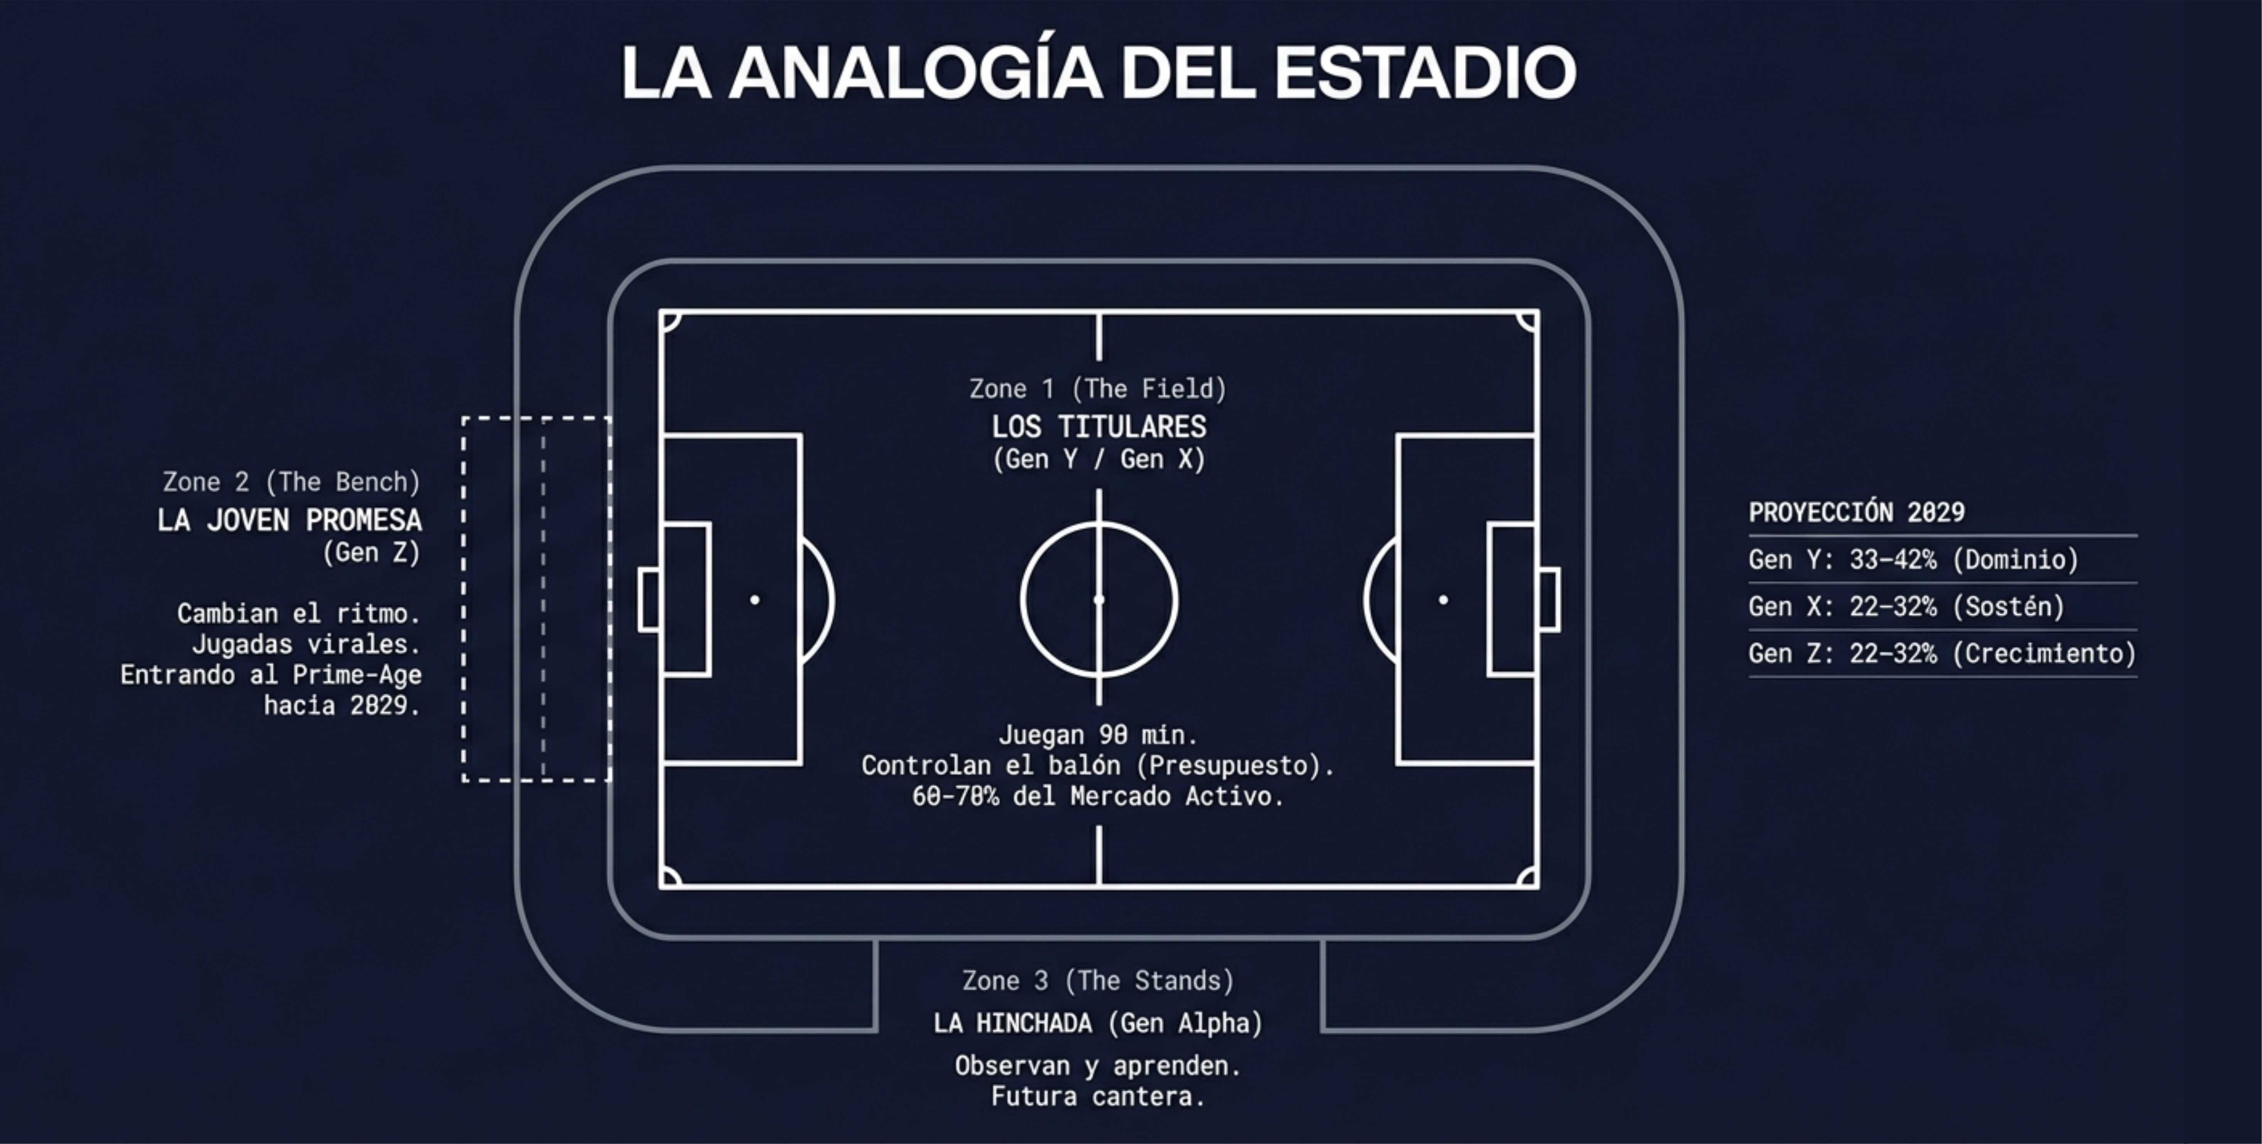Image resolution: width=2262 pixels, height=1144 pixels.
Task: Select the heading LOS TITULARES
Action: pyautogui.click(x=1099, y=427)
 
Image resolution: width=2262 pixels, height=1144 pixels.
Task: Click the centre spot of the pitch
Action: pyautogui.click(x=1099, y=600)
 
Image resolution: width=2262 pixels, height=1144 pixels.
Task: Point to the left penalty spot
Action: pyautogui.click(x=754, y=600)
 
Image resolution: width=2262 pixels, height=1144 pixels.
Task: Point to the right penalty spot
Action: pyautogui.click(x=1443, y=600)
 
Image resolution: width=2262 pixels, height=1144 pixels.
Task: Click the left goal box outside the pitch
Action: pyautogui.click(x=650, y=600)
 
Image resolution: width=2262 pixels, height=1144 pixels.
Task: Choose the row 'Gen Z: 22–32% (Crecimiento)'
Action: pyautogui.click(x=1942, y=653)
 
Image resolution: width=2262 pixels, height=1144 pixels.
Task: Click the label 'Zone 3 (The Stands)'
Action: pyautogui.click(x=1097, y=981)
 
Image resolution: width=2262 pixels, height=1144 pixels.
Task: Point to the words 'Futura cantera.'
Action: pyautogui.click(x=1097, y=1097)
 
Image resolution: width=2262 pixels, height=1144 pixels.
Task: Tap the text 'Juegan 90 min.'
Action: pyautogui.click(x=1097, y=735)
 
